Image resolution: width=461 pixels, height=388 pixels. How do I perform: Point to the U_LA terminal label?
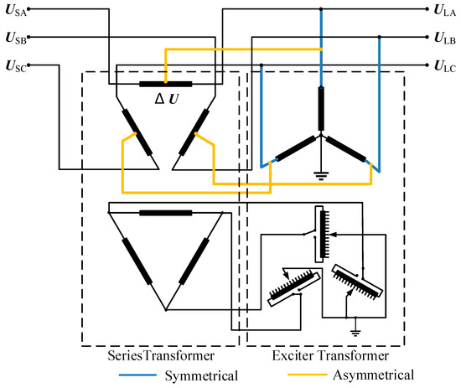(x=443, y=11)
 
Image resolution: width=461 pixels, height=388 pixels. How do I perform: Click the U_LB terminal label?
(x=443, y=38)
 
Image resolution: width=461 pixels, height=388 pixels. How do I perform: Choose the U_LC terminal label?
(x=443, y=65)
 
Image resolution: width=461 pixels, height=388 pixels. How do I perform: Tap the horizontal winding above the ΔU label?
(x=165, y=84)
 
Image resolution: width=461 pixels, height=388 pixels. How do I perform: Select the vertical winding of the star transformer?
(x=319, y=108)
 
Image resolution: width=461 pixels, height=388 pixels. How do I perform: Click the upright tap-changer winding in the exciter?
(x=319, y=234)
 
